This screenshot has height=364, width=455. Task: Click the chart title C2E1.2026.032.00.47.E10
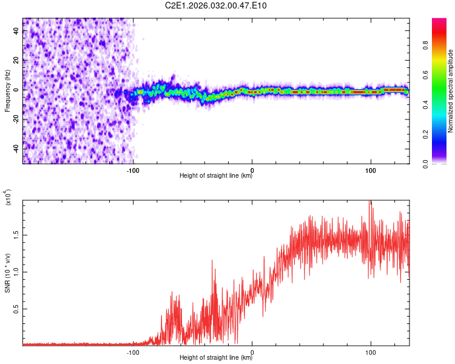pyautogui.click(x=215, y=5)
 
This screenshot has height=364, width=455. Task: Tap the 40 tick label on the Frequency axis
pyautogui.click(x=16, y=31)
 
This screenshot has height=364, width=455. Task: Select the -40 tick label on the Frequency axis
pyautogui.click(x=16, y=149)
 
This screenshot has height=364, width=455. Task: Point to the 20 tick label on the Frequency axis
pyautogui.click(x=16, y=61)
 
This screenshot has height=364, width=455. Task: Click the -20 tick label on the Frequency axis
pyautogui.click(x=16, y=120)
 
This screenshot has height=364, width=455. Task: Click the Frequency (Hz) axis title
pyautogui.click(x=7, y=91)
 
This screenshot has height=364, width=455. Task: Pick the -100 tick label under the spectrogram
pyautogui.click(x=133, y=170)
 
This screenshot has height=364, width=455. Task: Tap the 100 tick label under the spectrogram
pyautogui.click(x=371, y=170)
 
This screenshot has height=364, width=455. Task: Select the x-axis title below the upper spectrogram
pyautogui.click(x=216, y=175)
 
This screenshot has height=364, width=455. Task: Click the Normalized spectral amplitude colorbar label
pyautogui.click(x=450, y=91)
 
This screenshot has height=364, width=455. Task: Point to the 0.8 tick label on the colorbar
pyautogui.click(x=425, y=45)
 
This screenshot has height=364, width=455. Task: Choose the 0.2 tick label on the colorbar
pyautogui.click(x=425, y=135)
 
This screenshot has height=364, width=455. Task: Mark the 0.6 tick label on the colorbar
pyautogui.click(x=425, y=75)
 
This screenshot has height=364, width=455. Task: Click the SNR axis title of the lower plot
pyautogui.click(x=8, y=273)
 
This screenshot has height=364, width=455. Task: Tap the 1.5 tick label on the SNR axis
pyautogui.click(x=16, y=235)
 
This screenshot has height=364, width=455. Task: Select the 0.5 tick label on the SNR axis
pyautogui.click(x=16, y=309)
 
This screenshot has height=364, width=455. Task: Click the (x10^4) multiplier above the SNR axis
pyautogui.click(x=8, y=197)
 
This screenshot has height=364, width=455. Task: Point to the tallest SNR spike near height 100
pyautogui.click(x=369, y=201)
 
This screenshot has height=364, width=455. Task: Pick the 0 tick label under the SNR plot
pyautogui.click(x=252, y=352)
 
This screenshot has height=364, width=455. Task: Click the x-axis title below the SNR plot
pyautogui.click(x=216, y=357)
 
